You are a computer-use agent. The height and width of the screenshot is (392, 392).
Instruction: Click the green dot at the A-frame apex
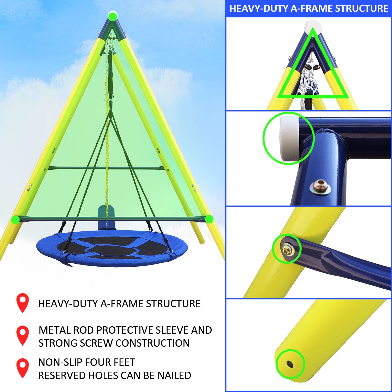click(x=112, y=17)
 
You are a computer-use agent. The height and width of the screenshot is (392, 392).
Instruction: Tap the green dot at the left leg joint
click(x=16, y=219)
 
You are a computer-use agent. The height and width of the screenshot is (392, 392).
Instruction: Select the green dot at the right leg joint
click(x=209, y=219)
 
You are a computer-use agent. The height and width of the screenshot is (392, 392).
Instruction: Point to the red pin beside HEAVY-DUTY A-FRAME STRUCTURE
click(x=23, y=302)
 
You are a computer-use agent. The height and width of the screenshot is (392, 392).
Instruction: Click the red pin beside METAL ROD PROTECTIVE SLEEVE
click(x=23, y=335)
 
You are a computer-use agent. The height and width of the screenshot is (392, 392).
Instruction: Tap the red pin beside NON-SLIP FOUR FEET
click(x=23, y=367)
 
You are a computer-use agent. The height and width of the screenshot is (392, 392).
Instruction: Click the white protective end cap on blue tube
click(x=289, y=138)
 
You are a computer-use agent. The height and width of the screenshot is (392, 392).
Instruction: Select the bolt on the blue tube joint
click(x=321, y=187)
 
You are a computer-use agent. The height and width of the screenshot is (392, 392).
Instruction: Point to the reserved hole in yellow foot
click(x=290, y=364)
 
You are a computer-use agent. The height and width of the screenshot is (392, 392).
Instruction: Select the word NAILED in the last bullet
click(x=174, y=375)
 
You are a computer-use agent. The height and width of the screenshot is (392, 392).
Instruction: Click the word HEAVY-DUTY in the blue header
click(x=259, y=9)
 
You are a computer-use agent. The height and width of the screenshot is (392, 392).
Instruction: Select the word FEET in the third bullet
click(x=124, y=362)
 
